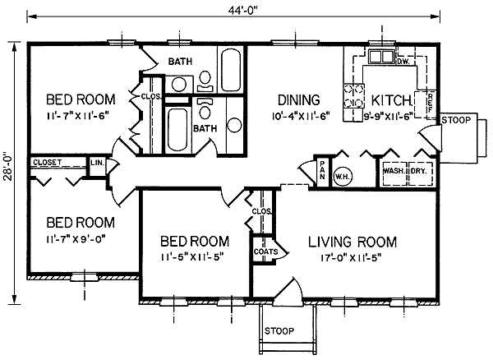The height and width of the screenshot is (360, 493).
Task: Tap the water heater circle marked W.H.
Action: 343,177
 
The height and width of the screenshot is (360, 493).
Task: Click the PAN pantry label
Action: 322,170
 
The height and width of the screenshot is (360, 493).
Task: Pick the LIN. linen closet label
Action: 97,163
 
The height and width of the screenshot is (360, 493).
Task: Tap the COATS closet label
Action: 265,252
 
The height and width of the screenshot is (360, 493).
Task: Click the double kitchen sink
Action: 380,57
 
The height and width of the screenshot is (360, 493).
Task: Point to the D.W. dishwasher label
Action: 403,62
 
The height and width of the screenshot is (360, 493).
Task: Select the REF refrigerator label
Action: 431,103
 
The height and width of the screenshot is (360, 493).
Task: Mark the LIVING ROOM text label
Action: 352,242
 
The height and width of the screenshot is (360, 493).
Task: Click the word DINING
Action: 299,100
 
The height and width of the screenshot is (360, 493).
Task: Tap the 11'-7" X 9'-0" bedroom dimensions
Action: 76,239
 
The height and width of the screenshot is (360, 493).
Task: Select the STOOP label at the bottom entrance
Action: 279,330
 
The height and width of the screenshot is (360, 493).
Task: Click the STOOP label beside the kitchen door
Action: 456,120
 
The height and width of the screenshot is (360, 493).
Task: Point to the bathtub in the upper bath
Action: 230,70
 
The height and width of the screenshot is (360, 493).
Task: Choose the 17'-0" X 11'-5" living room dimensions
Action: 351,258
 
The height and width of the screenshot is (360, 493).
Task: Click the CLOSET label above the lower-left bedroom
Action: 48,163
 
